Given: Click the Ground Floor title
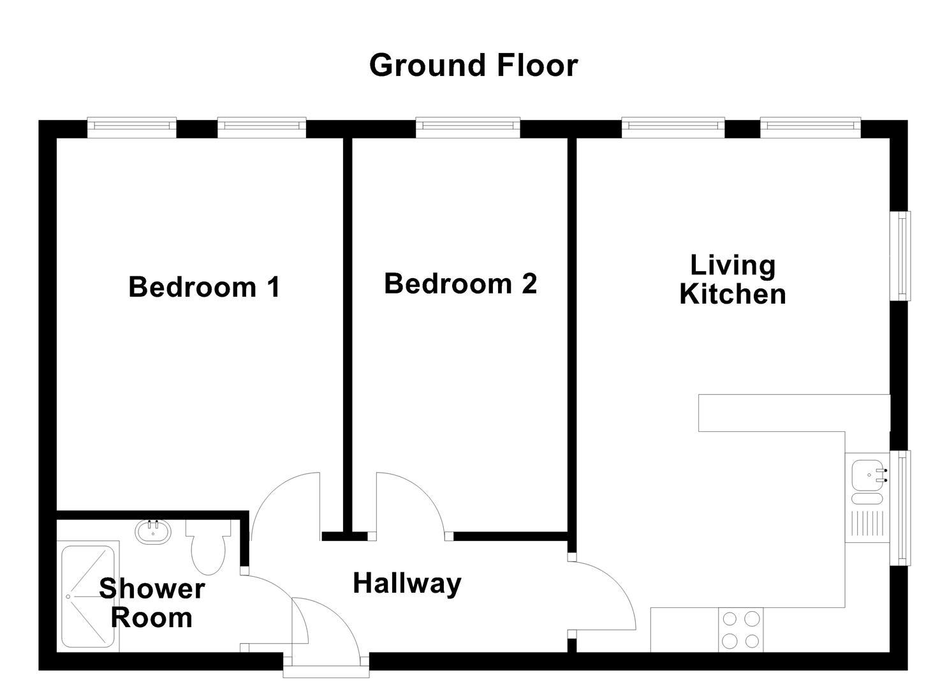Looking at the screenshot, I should pyautogui.click(x=473, y=66).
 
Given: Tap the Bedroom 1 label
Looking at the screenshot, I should pyautogui.click(x=204, y=287).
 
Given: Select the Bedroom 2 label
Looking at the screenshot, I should pyautogui.click(x=460, y=284).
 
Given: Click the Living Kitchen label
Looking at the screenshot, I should pyautogui.click(x=732, y=280).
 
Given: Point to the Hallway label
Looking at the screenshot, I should pyautogui.click(x=407, y=584).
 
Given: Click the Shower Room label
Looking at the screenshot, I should pyautogui.click(x=152, y=603).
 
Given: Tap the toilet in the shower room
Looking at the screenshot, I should pyautogui.click(x=209, y=549).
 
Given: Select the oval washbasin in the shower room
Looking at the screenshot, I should pyautogui.click(x=153, y=532).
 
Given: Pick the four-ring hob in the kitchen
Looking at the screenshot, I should pyautogui.click(x=740, y=630).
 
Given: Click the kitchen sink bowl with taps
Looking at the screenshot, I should pyautogui.click(x=867, y=474).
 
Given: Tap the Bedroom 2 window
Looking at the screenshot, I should pyautogui.click(x=467, y=128).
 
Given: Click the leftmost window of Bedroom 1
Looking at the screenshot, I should pyautogui.click(x=131, y=128).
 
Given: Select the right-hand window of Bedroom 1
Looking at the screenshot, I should pyautogui.click(x=261, y=128).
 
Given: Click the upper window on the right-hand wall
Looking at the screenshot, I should pyautogui.click(x=900, y=255).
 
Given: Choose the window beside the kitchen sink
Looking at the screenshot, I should pyautogui.click(x=900, y=507).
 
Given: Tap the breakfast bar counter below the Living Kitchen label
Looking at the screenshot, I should pyautogui.click(x=791, y=413).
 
